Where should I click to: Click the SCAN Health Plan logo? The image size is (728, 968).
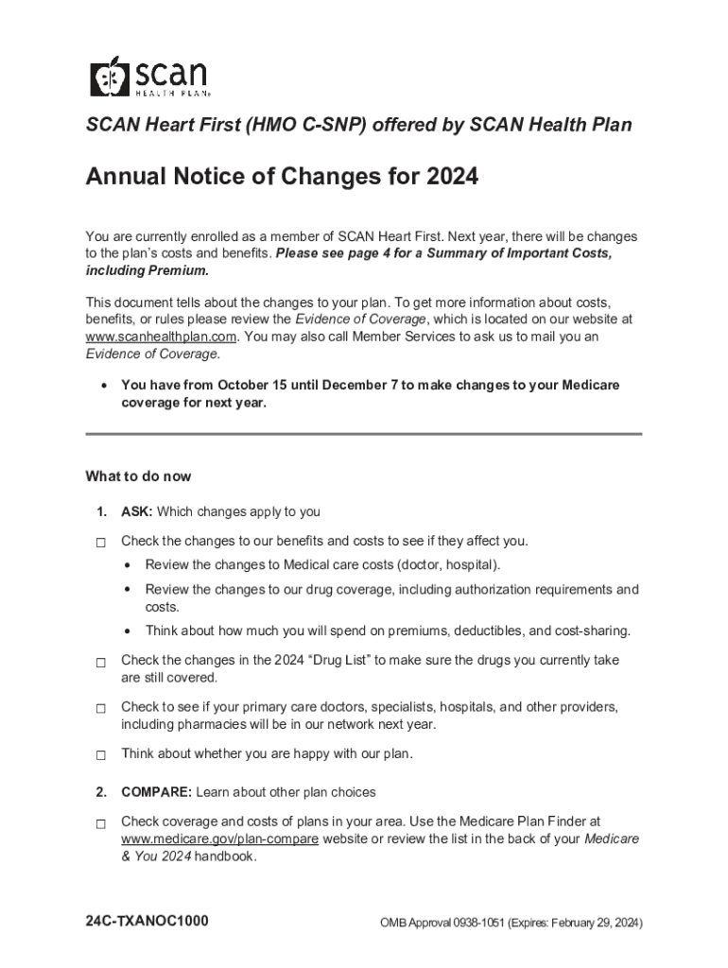[x=148, y=77]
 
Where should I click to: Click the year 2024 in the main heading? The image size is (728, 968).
[x=451, y=177]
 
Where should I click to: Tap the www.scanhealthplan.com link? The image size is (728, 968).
[x=160, y=337]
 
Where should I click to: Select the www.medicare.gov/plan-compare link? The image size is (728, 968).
[x=219, y=838]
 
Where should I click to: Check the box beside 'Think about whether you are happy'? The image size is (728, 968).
[x=99, y=755]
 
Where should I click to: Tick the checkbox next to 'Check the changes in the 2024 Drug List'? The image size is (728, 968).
[x=99, y=663]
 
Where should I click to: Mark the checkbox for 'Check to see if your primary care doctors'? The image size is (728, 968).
[x=99, y=709]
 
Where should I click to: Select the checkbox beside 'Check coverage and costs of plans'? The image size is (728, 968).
[x=99, y=824]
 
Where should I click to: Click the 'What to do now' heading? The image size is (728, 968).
[x=138, y=476]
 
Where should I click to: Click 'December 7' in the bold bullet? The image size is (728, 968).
[x=353, y=386]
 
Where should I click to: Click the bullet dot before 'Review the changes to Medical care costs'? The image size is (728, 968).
[x=127, y=565]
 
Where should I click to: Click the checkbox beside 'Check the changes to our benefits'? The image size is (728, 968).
[x=99, y=544]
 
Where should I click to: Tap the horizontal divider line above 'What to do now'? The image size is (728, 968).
[x=363, y=434]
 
